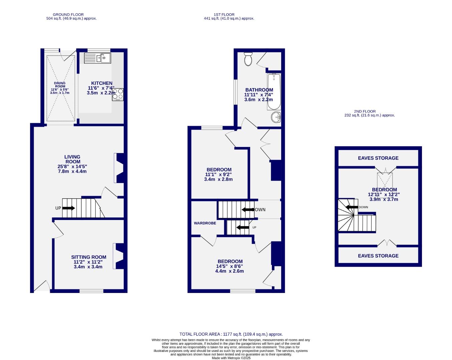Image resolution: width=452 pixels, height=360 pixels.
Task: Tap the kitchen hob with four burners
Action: click(118, 94)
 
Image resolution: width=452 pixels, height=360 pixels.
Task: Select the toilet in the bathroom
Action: click(248, 59)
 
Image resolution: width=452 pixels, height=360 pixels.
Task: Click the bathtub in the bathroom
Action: click(274, 92)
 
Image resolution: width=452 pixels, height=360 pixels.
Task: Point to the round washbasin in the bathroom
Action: click(276, 117)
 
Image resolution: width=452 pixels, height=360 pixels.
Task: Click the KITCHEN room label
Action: click(102, 83)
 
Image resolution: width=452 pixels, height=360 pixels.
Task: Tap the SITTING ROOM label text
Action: click(89, 257)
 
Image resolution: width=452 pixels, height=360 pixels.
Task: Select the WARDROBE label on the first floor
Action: click(205, 223)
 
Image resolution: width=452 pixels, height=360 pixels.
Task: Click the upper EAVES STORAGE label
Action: click(378, 158)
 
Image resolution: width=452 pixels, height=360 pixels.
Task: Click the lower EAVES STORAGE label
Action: click(378, 256)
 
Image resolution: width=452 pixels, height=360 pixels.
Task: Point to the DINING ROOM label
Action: click(60, 85)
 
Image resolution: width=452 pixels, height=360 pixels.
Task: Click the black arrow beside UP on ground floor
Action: click(68, 208)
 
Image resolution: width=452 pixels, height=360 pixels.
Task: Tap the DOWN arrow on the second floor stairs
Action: click(352, 207)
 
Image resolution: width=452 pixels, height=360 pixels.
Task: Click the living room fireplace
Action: click(119, 168)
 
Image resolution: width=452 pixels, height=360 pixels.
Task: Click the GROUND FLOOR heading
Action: click(68, 15)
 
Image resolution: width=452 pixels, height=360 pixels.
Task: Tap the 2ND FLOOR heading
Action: click(365, 111)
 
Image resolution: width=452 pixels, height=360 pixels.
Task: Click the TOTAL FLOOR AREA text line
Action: click(231, 334)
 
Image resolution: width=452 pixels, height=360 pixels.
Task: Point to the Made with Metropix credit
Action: click(231, 358)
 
